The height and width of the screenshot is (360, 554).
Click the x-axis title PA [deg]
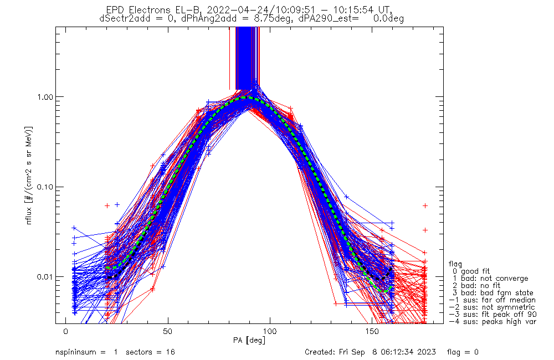pos(249,340)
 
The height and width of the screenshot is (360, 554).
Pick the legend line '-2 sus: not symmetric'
pos(491,307)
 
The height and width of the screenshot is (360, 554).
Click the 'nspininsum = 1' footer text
pos(84,352)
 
